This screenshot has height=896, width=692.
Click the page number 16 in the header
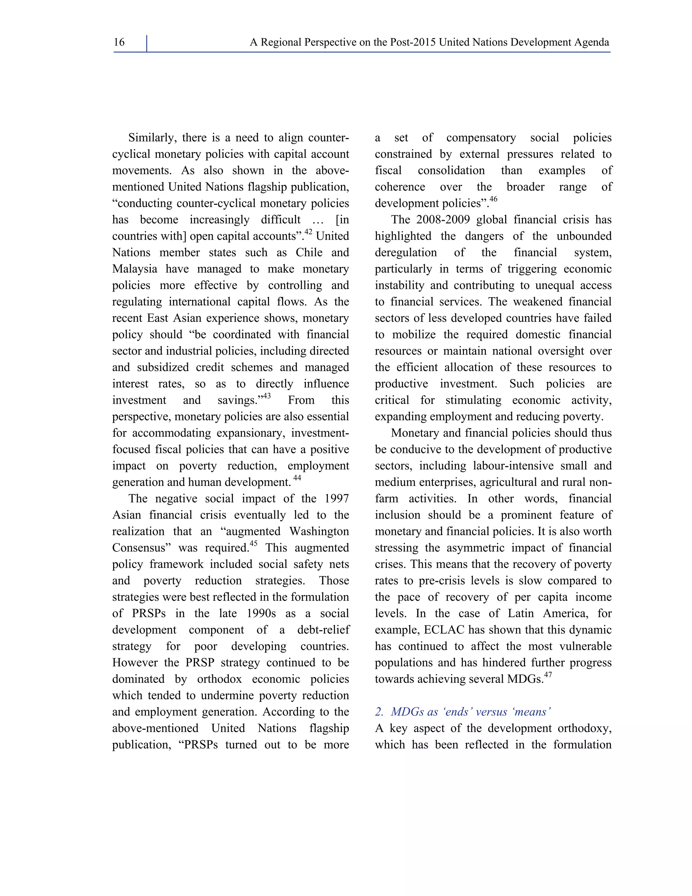119,42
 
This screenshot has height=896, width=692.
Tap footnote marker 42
308,232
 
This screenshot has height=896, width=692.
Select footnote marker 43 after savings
267,396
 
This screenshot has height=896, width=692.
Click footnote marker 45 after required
253,544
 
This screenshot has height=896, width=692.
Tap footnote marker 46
493,199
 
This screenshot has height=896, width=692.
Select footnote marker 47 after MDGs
548,675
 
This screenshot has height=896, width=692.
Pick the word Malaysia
135,269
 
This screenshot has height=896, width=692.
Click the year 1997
337,499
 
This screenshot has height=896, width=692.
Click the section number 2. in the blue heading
379,712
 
